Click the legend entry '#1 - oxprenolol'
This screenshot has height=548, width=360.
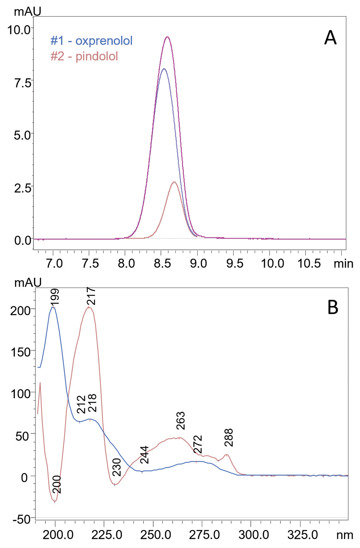click(91, 41)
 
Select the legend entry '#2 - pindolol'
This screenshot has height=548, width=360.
click(84, 56)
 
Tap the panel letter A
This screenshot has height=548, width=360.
click(330, 38)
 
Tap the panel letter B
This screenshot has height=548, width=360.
click(333, 307)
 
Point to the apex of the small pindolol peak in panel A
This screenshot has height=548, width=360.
click(174, 182)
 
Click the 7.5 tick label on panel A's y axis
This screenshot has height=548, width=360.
click(22, 83)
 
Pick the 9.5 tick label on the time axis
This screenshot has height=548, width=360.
click(235, 264)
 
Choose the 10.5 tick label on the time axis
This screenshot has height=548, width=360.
click(309, 264)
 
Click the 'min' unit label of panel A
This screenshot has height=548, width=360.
click(343, 264)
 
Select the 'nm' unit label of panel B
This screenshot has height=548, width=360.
click(345, 535)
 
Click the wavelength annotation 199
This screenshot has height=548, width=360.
click(55, 297)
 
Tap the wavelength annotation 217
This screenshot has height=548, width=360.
click(91, 296)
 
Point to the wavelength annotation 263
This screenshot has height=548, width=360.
click(180, 420)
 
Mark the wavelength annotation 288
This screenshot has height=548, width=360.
click(229, 437)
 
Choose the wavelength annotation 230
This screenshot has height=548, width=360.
click(117, 467)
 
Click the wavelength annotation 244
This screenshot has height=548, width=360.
click(144, 455)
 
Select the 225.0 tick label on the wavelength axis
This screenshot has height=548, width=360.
click(107, 535)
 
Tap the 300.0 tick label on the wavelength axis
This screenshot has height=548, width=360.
click(254, 535)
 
